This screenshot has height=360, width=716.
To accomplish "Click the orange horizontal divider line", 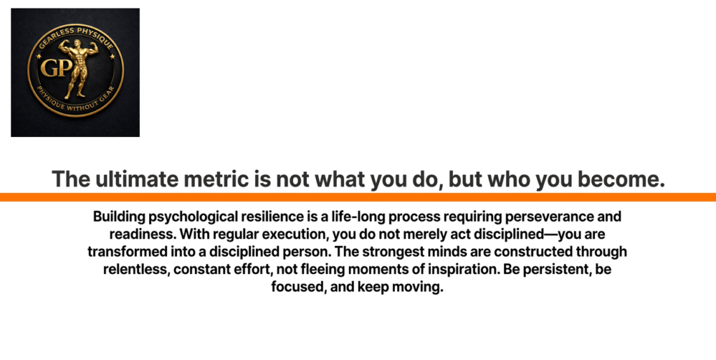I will (x=358, y=197).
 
